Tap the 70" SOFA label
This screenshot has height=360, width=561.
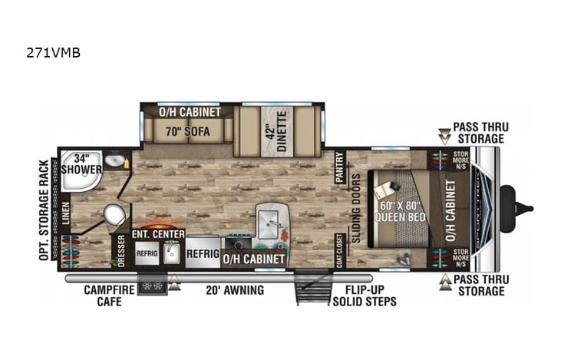pos(187,130)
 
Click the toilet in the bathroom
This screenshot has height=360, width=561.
pos(115,215)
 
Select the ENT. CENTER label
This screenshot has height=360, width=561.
pos(158,233)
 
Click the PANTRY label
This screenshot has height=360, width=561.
pos(339,167)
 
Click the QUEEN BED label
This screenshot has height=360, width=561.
pos(399,211)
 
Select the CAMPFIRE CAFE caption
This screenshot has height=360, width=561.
pos(109,296)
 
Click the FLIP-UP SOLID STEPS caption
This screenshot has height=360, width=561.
pos(365,296)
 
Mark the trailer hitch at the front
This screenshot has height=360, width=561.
pos(522,207)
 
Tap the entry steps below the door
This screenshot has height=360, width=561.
pos(313,290)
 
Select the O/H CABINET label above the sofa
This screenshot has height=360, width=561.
pos(190,112)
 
